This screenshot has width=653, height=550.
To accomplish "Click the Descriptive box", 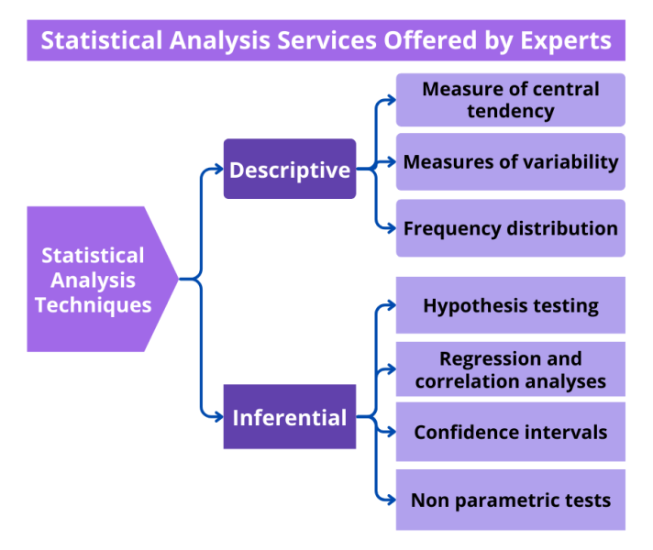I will [x=290, y=170].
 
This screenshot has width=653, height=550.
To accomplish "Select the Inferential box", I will [x=290, y=418].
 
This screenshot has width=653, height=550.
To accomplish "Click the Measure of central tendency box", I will [x=510, y=100].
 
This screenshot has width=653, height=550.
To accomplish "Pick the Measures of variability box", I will [x=510, y=162].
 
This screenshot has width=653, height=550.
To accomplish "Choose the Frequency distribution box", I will [x=510, y=228].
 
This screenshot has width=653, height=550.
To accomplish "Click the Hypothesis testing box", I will [x=510, y=305].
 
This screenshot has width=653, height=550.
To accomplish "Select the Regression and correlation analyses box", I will [x=510, y=369].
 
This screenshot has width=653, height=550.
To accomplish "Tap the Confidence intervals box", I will [x=510, y=432].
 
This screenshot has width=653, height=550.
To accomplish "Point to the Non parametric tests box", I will [x=510, y=500].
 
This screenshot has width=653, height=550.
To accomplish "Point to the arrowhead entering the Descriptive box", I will [x=217, y=169].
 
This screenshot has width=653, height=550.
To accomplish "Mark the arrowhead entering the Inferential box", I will [x=217, y=418].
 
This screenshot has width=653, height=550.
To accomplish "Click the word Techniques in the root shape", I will [x=94, y=304].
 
